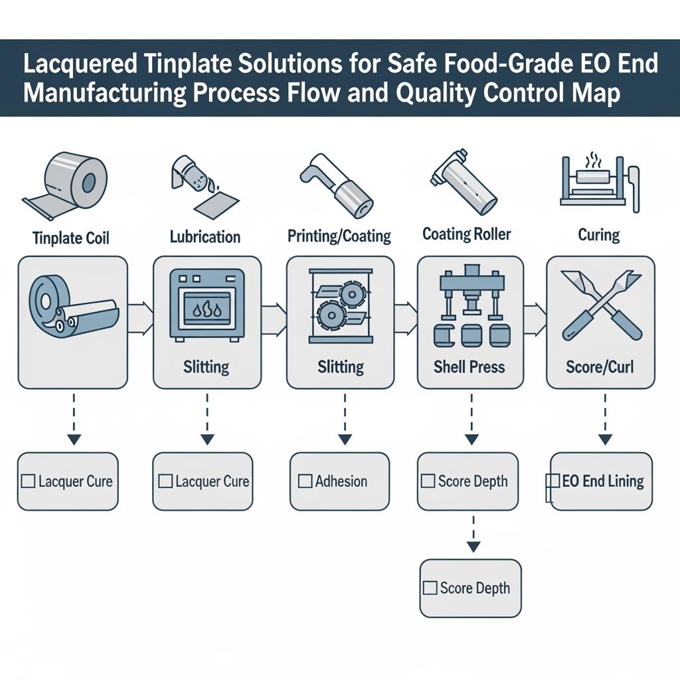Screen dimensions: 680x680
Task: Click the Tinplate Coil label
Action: coord(70,237)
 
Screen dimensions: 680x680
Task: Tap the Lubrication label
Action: coord(205,236)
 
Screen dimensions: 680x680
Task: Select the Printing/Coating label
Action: coord(339,235)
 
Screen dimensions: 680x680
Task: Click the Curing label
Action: coord(599,235)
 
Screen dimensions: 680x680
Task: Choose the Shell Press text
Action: coord(469,366)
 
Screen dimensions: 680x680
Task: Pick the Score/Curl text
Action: coord(600,366)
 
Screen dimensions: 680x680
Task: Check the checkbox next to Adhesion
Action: coord(305,481)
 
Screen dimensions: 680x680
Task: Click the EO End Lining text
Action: coord(603,481)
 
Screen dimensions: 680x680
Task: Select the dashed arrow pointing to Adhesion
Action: coord(344,418)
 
